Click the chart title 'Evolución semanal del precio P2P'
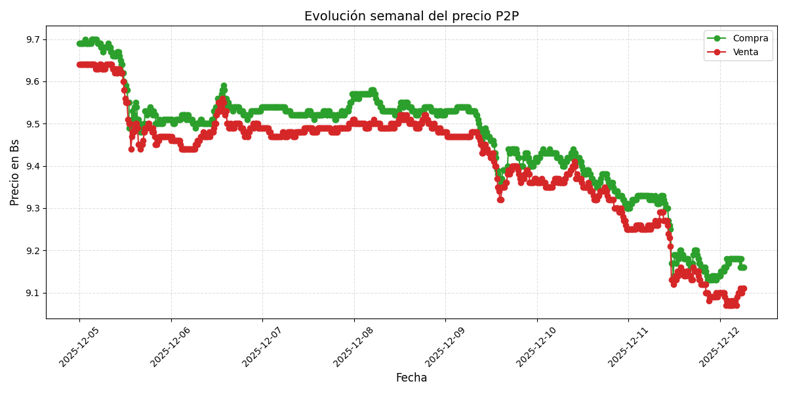click(411, 16)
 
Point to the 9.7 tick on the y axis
click(31, 40)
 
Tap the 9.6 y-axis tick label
click(31, 82)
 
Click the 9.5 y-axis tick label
click(31, 124)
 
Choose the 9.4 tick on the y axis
click(31, 166)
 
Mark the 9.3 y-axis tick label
click(31, 209)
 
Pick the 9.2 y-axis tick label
click(31, 251)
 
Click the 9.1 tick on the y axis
click(31, 293)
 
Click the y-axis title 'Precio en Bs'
click(15, 172)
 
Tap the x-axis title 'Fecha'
click(411, 378)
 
